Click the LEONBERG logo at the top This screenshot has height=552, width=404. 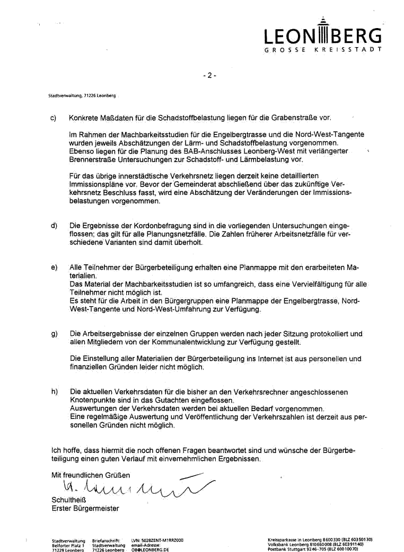pos(323,36)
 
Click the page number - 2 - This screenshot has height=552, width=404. pos(210,75)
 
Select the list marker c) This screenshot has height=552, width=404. pos(54,118)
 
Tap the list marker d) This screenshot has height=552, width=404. pos(54,226)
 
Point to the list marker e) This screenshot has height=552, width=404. pos(54,268)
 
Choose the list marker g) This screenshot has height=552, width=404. pos(54,334)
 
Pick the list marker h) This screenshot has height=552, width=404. pos(54,392)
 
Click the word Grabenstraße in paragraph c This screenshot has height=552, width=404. pos(296,118)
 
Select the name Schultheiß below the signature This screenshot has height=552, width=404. pos(68,500)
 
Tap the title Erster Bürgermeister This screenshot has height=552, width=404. pos(85,509)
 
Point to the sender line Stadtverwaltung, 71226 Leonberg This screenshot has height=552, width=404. pos(82,95)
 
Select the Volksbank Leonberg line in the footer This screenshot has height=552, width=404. pos(316,544)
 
